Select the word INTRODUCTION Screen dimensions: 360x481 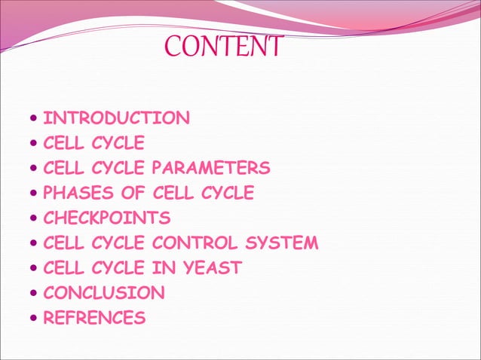[x=117, y=118]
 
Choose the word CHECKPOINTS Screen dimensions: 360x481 [x=107, y=218]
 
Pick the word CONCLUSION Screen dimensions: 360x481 [x=104, y=293]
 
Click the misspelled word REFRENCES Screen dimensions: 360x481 [x=95, y=318]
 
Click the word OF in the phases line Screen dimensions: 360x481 [x=137, y=194]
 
